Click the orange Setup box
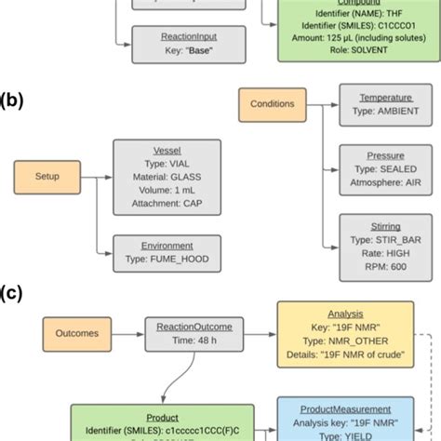(47, 177)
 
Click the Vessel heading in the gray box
(167, 149)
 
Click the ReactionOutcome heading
(194, 327)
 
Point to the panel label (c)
(12, 293)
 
